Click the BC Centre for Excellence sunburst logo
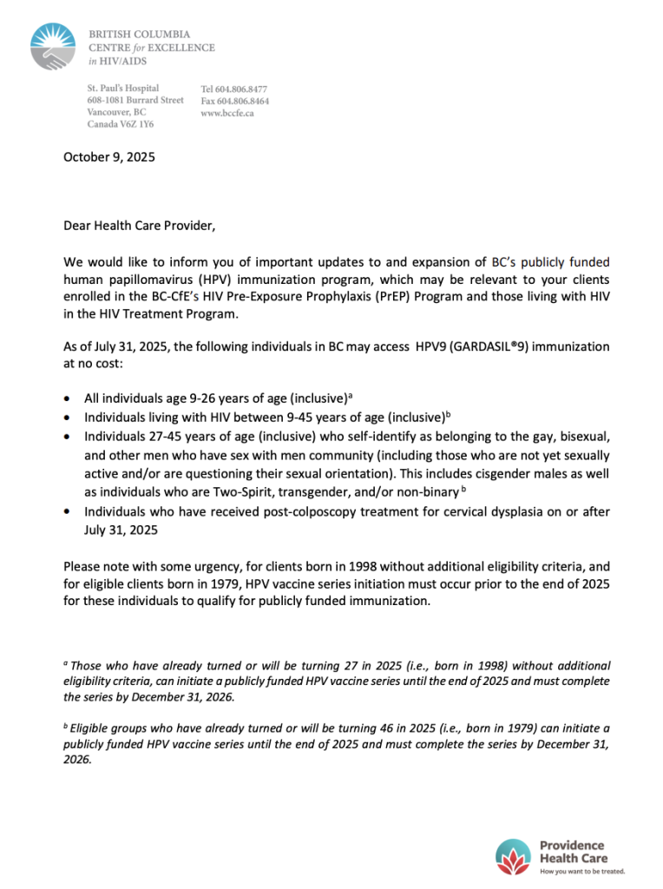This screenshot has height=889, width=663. [52, 48]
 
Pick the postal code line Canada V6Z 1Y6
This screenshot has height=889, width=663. [120, 125]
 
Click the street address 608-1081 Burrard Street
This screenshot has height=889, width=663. [135, 101]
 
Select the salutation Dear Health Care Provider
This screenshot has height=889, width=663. [139, 226]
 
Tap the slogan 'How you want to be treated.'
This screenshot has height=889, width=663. [582, 871]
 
